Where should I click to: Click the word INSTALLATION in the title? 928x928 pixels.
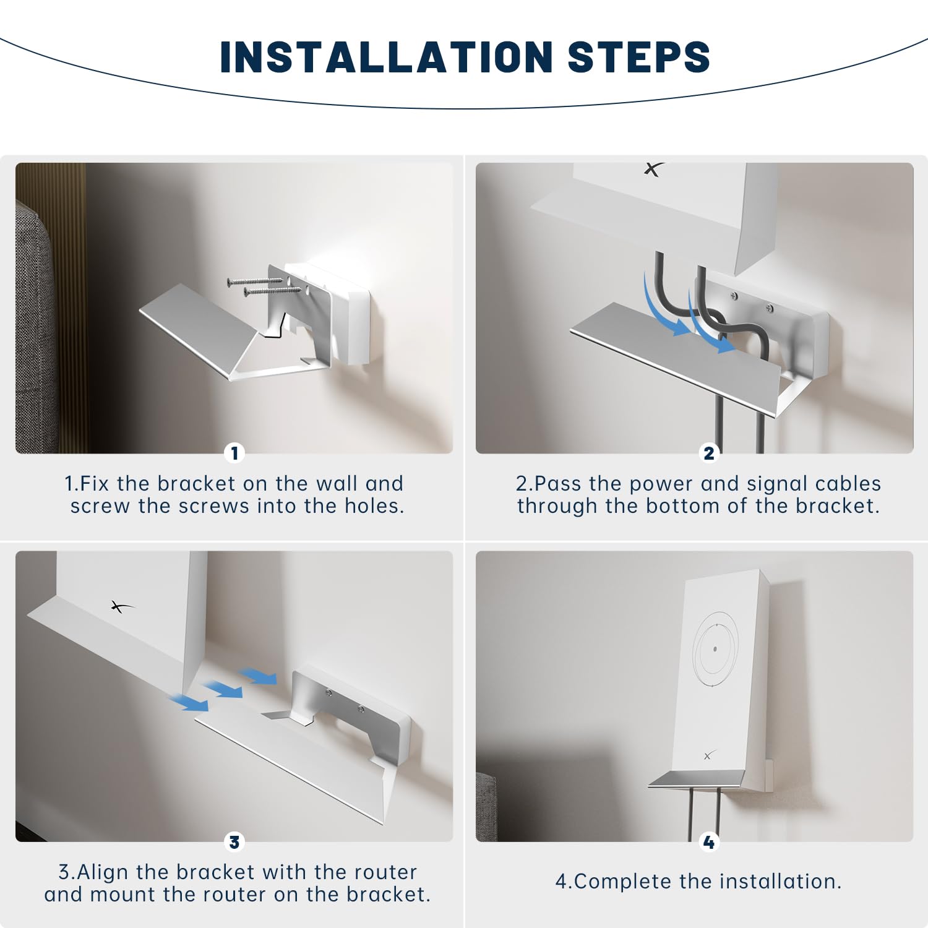coord(386,57)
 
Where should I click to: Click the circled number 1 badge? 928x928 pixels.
coord(234,453)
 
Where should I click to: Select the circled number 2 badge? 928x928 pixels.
coord(709,453)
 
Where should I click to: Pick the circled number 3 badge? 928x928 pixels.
coord(234,842)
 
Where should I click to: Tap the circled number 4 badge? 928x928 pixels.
coord(709,842)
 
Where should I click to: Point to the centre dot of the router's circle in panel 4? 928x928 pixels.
coord(715,649)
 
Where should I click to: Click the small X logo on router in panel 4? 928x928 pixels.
coord(710,755)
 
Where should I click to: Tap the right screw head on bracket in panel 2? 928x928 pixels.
coord(769,307)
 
